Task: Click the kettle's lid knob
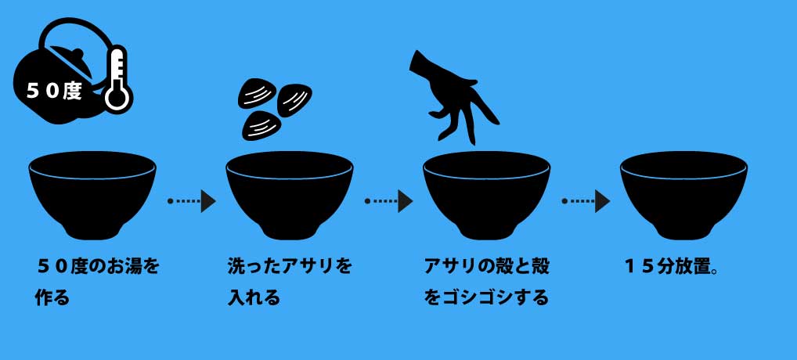76,55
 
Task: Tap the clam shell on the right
295,99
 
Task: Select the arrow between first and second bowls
192,201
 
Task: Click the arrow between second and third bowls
389,201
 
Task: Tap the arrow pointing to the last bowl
586,201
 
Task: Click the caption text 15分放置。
672,266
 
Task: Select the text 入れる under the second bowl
253,298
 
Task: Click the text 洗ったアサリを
290,266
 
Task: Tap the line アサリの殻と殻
486,266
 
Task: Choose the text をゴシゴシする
486,298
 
